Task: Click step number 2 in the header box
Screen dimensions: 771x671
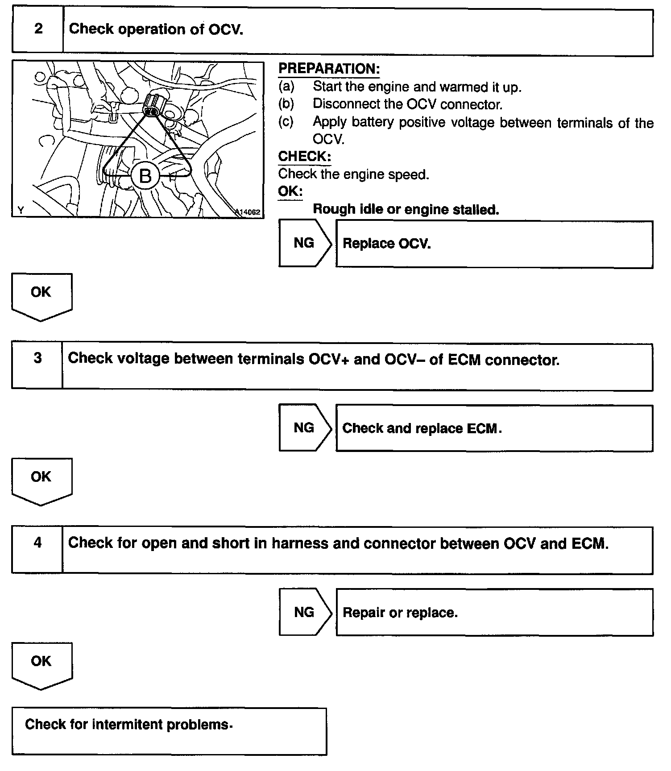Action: coord(38,29)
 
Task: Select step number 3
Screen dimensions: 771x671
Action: coord(38,358)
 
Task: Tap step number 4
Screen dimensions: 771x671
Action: coord(38,543)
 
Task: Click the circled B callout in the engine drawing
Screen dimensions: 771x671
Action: coord(145,176)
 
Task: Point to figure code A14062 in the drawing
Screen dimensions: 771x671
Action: coord(248,212)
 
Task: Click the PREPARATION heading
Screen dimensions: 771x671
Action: coord(329,69)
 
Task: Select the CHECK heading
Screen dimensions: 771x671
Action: coord(304,157)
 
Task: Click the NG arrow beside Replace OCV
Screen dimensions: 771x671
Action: coord(305,243)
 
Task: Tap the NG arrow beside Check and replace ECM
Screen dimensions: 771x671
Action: coord(305,428)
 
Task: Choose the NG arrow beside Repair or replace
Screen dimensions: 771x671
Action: coord(305,612)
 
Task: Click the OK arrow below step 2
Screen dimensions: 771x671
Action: coord(41,294)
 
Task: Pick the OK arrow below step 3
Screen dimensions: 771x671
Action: coord(41,479)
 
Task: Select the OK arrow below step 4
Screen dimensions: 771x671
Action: coord(41,663)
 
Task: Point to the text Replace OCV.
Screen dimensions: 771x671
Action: coord(386,244)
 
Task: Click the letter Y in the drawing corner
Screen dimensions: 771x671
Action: coord(21,210)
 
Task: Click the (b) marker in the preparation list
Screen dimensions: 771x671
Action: coord(286,104)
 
